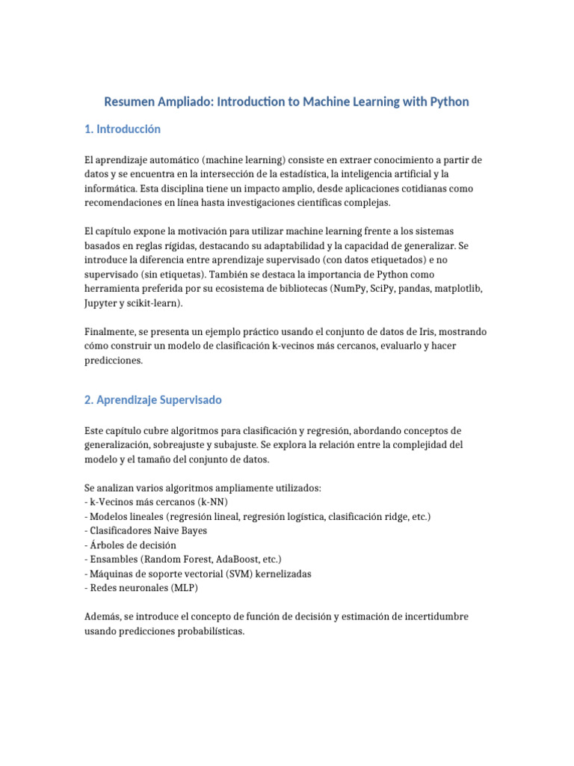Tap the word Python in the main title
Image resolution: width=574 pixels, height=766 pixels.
pyautogui.click(x=448, y=101)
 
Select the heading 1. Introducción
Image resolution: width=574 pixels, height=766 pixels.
pyautogui.click(x=123, y=129)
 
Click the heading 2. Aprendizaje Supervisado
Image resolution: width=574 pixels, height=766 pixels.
pyautogui.click(x=152, y=400)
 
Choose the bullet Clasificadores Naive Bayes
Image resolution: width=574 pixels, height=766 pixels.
pyautogui.click(x=148, y=530)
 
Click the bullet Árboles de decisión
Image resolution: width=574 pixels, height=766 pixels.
pyautogui.click(x=132, y=545)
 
